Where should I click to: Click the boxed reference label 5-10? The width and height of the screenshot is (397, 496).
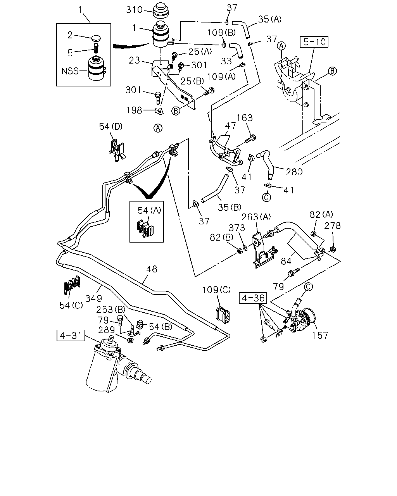[314, 42]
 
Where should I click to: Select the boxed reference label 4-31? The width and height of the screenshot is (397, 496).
[71, 335]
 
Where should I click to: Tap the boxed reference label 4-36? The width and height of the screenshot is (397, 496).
[253, 298]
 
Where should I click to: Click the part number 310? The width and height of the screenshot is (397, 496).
[134, 10]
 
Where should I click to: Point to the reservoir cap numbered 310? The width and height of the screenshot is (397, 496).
[161, 11]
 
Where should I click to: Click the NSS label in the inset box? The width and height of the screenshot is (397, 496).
[70, 71]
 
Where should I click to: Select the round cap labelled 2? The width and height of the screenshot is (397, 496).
[97, 38]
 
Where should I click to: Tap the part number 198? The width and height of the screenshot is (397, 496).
[134, 110]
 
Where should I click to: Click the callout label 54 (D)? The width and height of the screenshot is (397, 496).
[111, 126]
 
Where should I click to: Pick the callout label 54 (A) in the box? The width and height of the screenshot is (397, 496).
[149, 210]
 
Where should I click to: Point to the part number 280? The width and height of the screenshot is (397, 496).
[294, 172]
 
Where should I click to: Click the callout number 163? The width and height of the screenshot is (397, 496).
[245, 118]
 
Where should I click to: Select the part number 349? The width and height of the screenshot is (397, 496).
[94, 298]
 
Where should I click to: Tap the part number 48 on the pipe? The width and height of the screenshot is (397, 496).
[152, 269]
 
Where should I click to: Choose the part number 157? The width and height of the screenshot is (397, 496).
[320, 335]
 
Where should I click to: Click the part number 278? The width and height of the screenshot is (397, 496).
[332, 226]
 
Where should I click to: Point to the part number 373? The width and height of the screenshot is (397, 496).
[236, 228]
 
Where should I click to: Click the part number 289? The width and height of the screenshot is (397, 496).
[106, 330]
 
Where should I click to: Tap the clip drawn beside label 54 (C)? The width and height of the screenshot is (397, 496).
[72, 285]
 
